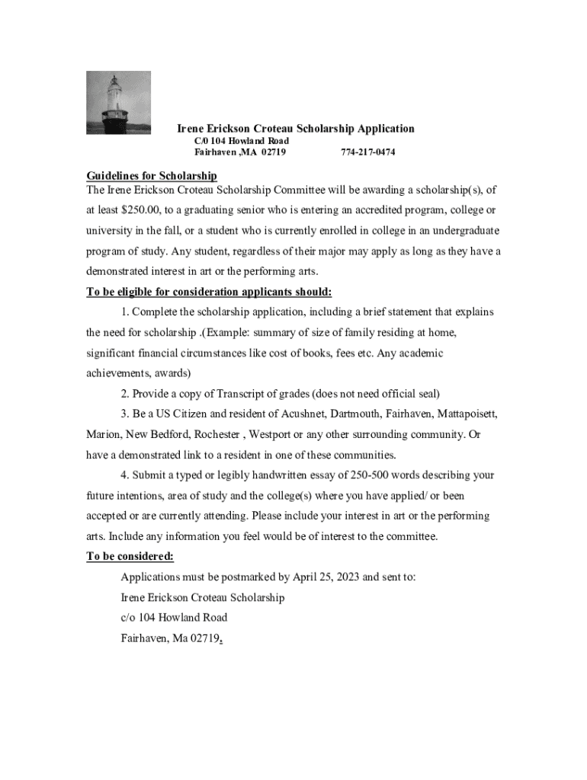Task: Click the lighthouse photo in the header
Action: pyautogui.click(x=118, y=103)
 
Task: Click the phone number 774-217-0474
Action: pyautogui.click(x=367, y=152)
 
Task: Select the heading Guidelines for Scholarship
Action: pyautogui.click(x=152, y=177)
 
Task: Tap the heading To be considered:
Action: pyautogui.click(x=130, y=557)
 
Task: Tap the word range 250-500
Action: pyautogui.click(x=373, y=475)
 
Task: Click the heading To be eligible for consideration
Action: pyautogui.click(x=209, y=292)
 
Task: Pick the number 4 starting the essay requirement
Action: pyautogui.click(x=124, y=475)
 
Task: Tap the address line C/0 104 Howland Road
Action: pyautogui.click(x=242, y=141)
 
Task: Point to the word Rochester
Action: pyautogui.click(x=218, y=435)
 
